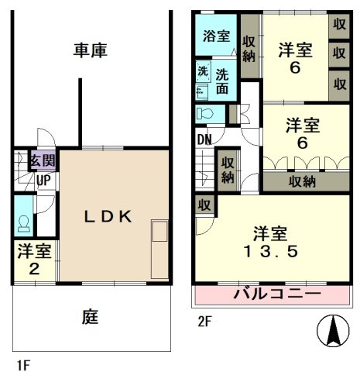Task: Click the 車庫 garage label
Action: coord(91,51)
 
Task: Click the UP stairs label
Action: coord(43,182)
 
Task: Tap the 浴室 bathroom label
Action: coord(216,36)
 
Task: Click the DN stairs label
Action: coord(204,140)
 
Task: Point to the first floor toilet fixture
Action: coord(24,222)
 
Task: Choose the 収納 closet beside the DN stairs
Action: coord(228,170)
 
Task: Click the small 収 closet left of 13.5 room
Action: coord(204,205)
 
